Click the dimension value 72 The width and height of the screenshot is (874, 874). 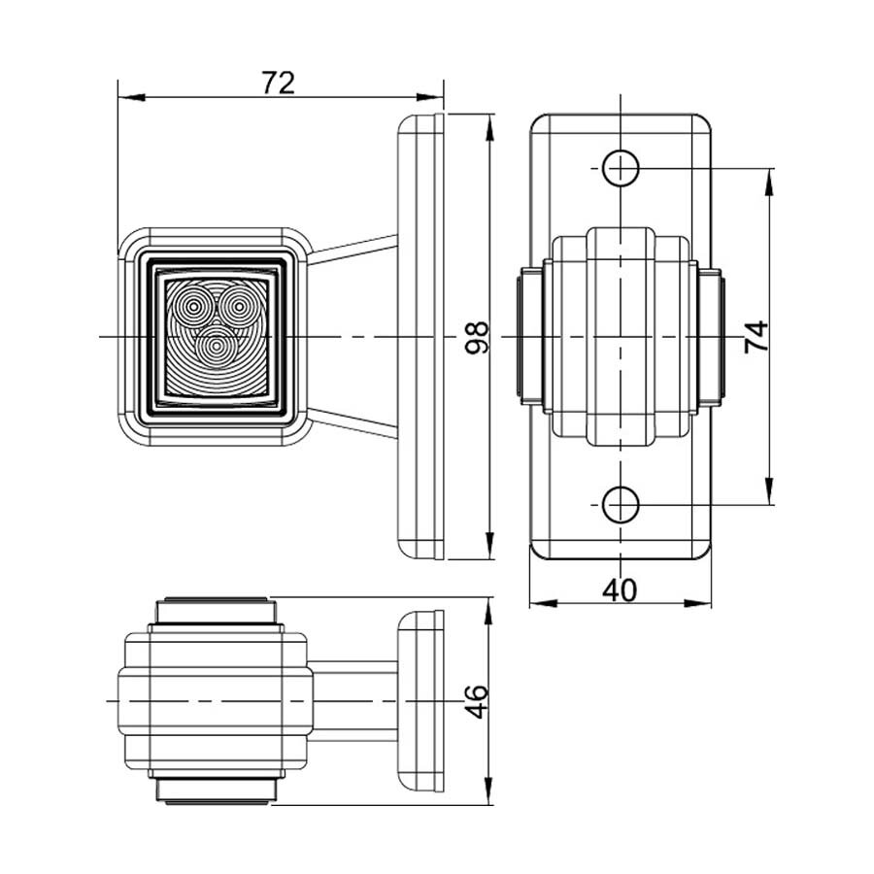[x=278, y=83]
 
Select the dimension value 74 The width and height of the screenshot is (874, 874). [x=756, y=336]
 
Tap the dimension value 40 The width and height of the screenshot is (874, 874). [x=620, y=589]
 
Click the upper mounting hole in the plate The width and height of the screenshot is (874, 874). [x=620, y=168]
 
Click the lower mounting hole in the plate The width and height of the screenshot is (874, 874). [x=620, y=504]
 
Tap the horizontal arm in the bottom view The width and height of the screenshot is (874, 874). [x=354, y=699]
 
